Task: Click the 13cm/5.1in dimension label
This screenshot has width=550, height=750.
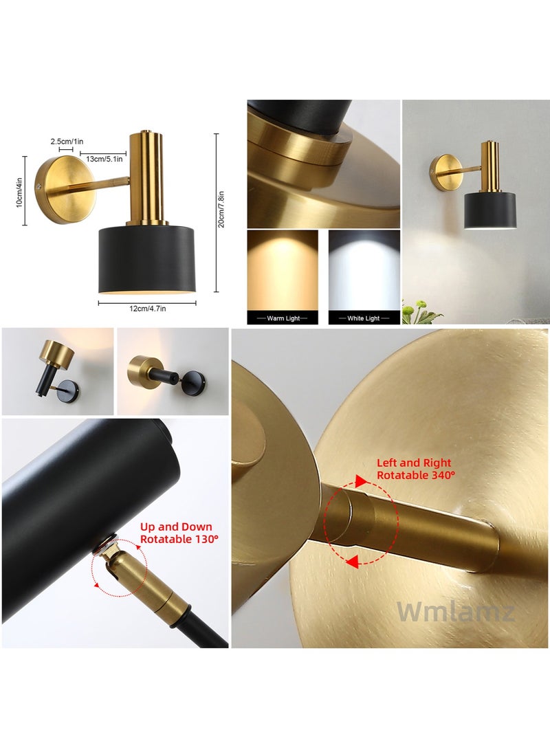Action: tap(101, 159)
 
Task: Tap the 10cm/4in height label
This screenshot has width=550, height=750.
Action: tap(21, 190)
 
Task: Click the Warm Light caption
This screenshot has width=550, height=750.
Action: tap(282, 318)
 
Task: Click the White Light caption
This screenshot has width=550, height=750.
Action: tap(364, 318)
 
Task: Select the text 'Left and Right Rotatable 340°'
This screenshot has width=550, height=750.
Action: tap(413, 469)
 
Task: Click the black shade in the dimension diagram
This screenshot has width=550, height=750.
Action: tap(147, 258)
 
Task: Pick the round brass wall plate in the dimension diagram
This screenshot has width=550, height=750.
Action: tap(58, 189)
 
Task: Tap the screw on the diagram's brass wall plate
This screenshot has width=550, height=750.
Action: tap(41, 186)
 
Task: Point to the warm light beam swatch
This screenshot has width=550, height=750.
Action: tap(282, 269)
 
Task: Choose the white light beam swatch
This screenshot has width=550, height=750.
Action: tap(364, 269)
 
